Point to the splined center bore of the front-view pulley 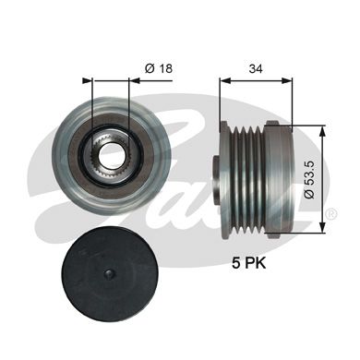tap(112, 150)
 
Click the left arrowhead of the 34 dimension tap(222, 81)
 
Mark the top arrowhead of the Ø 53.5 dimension tap(323, 127)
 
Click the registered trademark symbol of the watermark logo tap(329, 216)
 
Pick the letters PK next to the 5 tap(259, 262)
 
